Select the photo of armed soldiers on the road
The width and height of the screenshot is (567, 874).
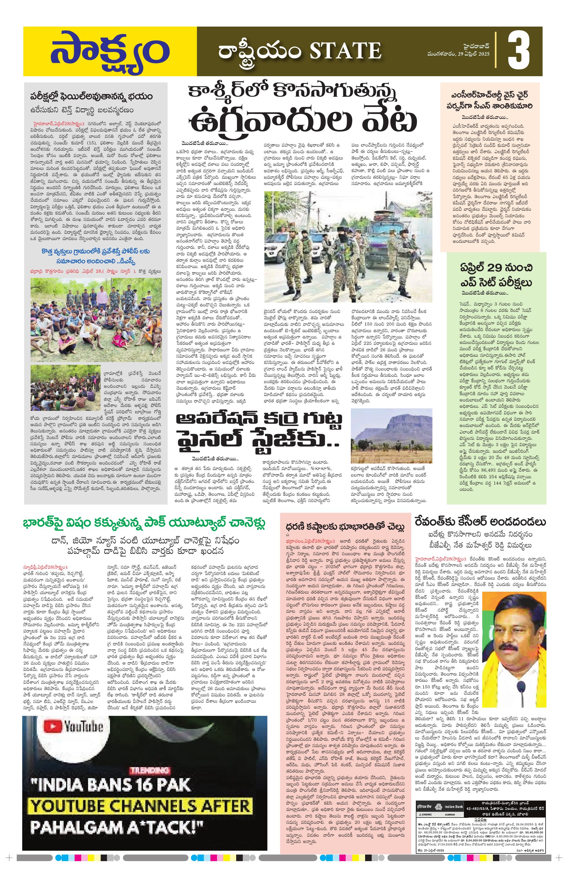click(x=347, y=246)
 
